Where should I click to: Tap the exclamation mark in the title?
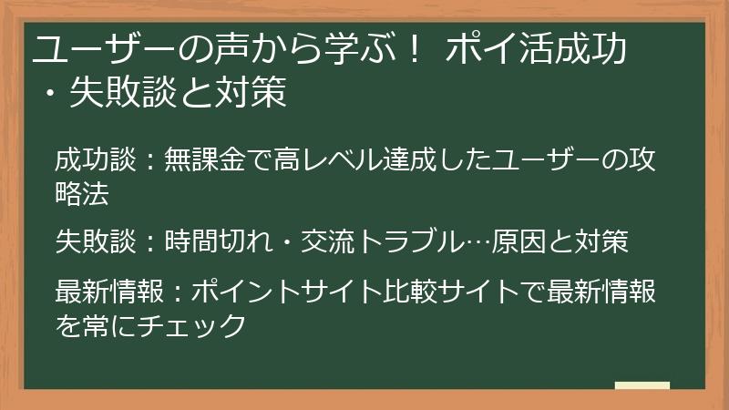tap(416, 50)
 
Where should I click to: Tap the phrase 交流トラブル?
tap(364, 241)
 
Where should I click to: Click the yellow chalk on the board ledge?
tap(642, 385)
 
